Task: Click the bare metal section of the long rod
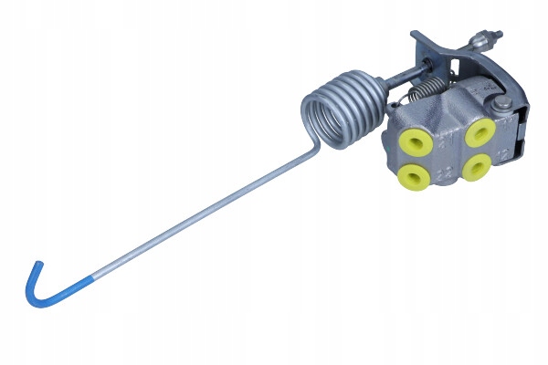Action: tap(183, 228)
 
